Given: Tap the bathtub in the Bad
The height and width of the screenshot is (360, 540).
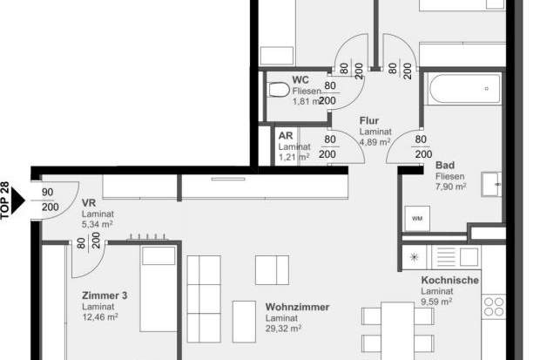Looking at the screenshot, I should point(462,89).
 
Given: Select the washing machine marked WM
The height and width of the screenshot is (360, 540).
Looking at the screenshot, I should point(417,218).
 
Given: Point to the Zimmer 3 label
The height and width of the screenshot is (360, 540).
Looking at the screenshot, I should point(105,296).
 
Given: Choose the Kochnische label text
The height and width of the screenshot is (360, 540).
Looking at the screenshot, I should point(449,281).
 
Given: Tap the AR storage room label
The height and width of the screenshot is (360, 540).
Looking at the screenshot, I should point(285,136).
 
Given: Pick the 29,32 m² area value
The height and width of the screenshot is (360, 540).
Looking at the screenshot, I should point(284,329).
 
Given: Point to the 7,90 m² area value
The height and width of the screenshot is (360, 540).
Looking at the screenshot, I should point(452,187).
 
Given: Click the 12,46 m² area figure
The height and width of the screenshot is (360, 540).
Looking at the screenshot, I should point(100,317).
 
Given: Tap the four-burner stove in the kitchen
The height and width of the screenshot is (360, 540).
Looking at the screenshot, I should point(494,305).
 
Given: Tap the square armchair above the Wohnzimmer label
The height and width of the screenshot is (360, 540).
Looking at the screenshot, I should point(272,269).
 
